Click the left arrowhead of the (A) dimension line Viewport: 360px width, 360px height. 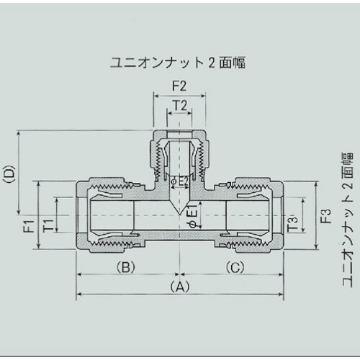pos(79,294)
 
